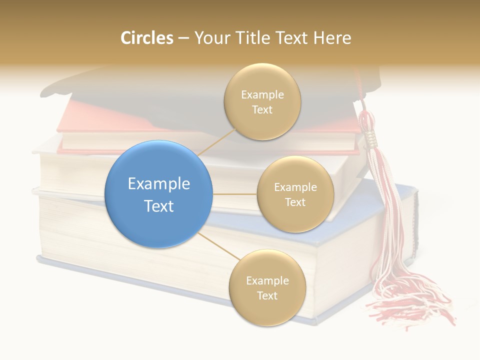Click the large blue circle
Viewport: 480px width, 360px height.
[x=158, y=194]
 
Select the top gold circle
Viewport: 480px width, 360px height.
[x=262, y=101]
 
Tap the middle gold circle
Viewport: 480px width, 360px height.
[x=295, y=194]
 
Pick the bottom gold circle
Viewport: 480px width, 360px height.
[x=267, y=287]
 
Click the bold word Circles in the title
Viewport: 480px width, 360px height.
[x=146, y=38]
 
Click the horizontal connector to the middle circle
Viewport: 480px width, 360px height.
[x=234, y=194]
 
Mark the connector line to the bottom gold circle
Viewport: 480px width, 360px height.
[x=217, y=246]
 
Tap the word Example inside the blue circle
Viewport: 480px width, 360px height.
[x=158, y=184]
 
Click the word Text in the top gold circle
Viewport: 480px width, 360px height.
[x=262, y=109]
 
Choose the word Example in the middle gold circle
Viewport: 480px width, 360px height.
[x=295, y=187]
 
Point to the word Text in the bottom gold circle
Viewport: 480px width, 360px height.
[x=267, y=295]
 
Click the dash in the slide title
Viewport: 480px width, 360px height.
[x=183, y=38]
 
